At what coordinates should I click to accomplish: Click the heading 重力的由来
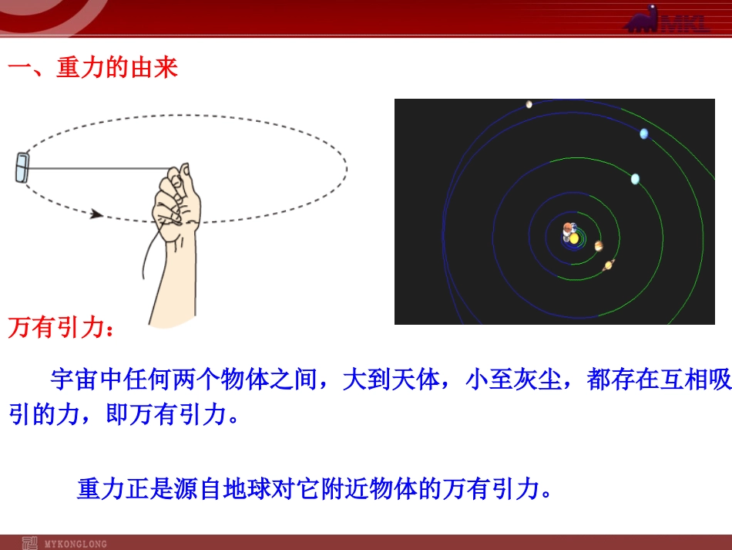pos(117,67)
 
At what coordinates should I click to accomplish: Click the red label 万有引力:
pos(61,326)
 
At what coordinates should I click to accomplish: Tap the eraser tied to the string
pos(22,167)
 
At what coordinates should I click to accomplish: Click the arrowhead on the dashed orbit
pos(96,214)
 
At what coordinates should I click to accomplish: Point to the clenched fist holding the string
pos(176,195)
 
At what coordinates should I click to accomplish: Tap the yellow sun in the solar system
pos(574,239)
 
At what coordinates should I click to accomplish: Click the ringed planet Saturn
pos(609,265)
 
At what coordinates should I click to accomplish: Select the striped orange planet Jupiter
pos(599,246)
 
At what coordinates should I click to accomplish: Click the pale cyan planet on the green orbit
pos(635,179)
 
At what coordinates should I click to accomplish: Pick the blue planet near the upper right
pos(643,134)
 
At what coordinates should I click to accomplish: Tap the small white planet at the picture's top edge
pos(529,104)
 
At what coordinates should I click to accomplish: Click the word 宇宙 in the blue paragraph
pos(74,379)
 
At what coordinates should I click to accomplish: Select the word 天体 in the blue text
pos(416,379)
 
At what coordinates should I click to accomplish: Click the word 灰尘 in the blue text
pos(537,379)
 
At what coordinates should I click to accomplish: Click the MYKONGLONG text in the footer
pos(76,544)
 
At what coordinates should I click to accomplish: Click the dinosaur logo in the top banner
pos(643,19)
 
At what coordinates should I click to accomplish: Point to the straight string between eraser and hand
pos(99,169)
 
